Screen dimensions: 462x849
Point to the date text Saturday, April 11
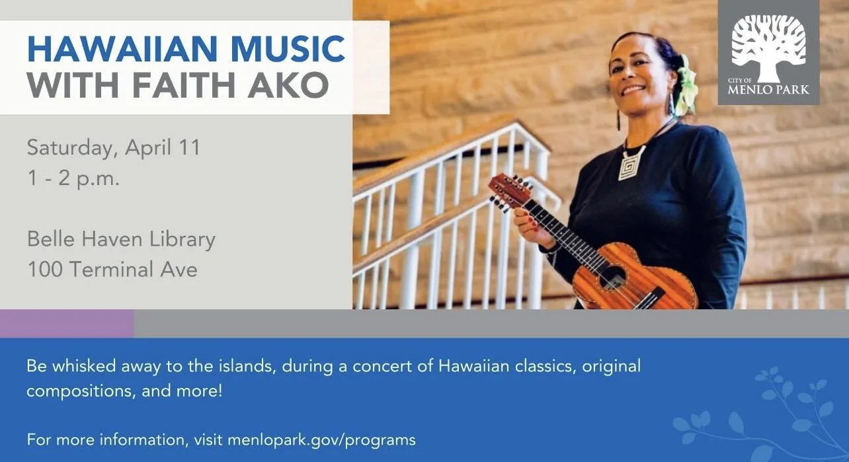tap(113, 147)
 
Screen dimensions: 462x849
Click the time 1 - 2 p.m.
tap(73, 179)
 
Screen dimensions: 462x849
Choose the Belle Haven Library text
tap(121, 239)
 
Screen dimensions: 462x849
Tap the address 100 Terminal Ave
tap(112, 270)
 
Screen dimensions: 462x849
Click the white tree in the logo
tap(769, 46)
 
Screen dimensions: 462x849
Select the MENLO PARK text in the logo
tap(768, 90)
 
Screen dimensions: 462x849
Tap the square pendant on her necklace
tap(631, 163)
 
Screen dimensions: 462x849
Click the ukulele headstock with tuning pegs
tap(510, 192)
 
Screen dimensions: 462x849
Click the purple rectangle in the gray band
tap(66, 324)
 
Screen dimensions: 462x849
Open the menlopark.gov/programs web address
tap(321, 440)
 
